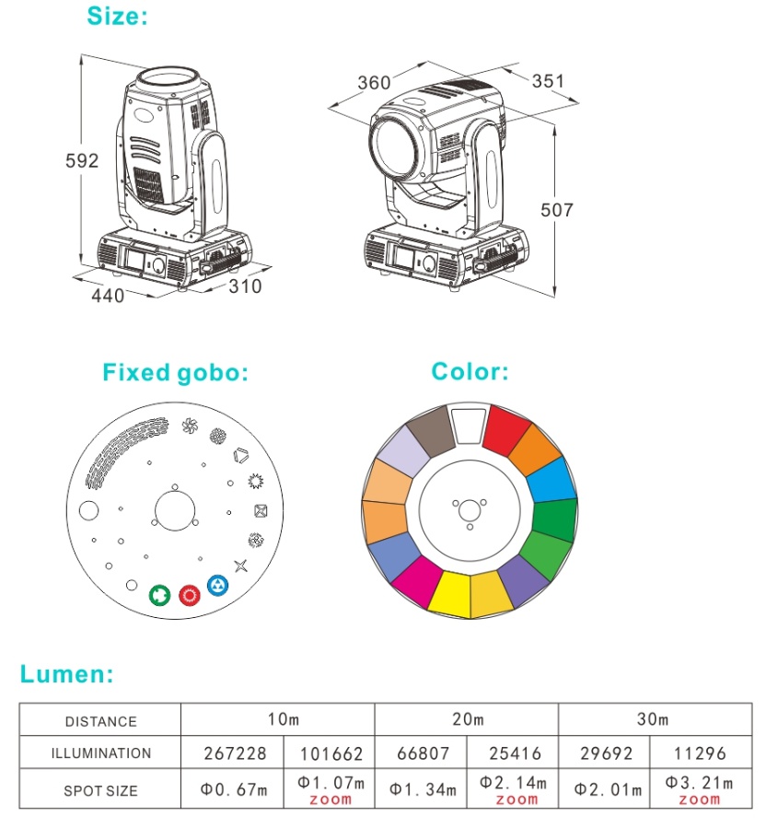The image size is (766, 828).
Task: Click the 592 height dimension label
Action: (82, 160)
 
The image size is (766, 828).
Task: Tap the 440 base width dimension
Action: (108, 296)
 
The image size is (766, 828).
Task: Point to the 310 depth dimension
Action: (245, 286)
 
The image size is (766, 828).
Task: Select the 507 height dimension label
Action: (556, 210)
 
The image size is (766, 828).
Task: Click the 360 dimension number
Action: (374, 83)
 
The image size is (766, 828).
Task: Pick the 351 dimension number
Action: (548, 81)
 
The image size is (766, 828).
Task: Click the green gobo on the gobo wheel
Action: (159, 595)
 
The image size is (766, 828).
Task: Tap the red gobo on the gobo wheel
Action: (190, 595)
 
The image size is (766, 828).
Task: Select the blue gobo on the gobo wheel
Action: (217, 585)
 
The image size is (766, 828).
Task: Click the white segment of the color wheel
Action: (469, 426)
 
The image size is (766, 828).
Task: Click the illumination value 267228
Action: (235, 753)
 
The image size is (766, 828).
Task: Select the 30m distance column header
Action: (653, 719)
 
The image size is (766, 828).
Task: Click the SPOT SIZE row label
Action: (100, 790)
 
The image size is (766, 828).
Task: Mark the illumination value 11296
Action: (700, 753)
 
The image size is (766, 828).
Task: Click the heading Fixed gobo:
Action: (175, 372)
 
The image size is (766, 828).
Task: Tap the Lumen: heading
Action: (66, 674)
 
